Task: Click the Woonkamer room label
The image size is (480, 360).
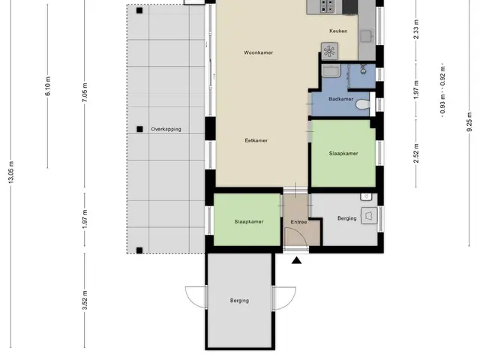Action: tap(258, 52)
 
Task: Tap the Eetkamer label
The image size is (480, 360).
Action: tap(256, 140)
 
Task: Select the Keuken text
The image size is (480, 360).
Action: tap(338, 31)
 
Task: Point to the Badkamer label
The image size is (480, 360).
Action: tap(341, 99)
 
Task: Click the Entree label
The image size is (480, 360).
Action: tap(298, 222)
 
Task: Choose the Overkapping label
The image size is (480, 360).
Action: tap(166, 129)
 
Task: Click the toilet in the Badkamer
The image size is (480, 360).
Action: tap(364, 104)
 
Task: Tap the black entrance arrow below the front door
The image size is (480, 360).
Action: tap(296, 260)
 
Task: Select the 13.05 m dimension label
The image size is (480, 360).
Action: tap(11, 172)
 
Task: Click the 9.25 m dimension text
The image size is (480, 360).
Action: tap(469, 121)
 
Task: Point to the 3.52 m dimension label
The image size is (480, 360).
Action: tap(85, 300)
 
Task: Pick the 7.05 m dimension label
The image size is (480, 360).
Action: tap(85, 92)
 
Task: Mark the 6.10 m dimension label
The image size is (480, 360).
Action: tap(48, 86)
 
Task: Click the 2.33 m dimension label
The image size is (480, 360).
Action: tap(416, 29)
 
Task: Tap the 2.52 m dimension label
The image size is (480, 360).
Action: tap(416, 153)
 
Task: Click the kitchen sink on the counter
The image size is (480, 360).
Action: tap(367, 37)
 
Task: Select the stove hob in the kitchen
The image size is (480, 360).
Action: tap(328, 6)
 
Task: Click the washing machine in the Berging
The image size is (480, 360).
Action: tap(369, 216)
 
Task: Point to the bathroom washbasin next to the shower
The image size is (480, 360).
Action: tap(331, 70)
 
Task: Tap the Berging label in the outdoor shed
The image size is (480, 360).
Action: tap(239, 301)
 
